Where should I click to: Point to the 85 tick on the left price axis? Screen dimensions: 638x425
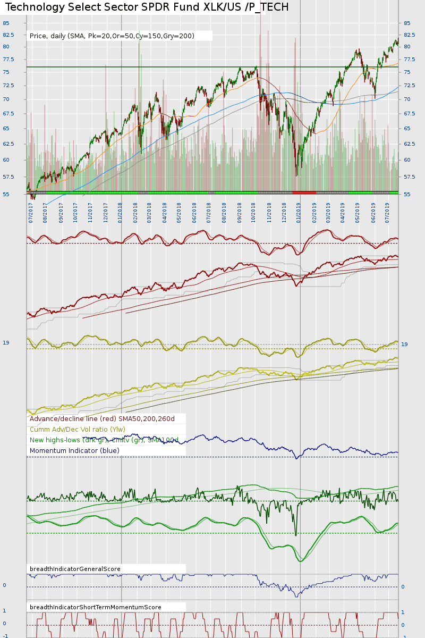click(6, 23)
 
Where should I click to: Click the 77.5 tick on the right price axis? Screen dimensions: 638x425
click(409, 60)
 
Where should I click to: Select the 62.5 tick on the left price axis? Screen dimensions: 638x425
click(7, 144)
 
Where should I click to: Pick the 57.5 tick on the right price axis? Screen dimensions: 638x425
click(409, 177)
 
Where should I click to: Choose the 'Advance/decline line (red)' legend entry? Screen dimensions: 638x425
click(102, 419)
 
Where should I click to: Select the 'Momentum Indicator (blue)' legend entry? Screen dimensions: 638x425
click(74, 451)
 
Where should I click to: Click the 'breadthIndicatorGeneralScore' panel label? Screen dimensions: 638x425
click(75, 569)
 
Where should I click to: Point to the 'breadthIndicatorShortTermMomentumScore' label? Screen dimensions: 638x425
click(96, 607)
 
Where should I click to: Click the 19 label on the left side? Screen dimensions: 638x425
click(6, 343)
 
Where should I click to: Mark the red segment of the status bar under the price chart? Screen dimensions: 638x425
click(304, 192)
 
